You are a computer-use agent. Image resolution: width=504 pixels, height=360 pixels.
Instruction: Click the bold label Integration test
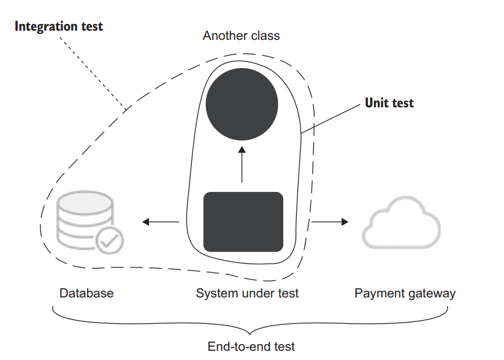[59, 26]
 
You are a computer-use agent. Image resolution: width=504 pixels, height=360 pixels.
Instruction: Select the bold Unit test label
[389, 103]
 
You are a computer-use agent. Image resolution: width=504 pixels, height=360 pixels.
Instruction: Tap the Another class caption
[241, 36]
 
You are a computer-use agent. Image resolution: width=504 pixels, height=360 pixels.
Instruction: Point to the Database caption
[86, 293]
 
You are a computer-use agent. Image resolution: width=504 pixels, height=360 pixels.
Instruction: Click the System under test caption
[247, 293]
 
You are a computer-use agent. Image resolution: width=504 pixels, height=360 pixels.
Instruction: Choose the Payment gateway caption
[405, 293]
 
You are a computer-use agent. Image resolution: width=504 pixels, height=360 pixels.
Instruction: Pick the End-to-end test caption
[251, 347]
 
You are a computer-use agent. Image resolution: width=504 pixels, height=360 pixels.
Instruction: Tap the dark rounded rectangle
[243, 221]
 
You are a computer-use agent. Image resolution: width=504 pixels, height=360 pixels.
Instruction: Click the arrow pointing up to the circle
[242, 164]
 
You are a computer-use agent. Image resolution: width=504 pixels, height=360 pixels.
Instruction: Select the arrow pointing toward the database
[160, 221]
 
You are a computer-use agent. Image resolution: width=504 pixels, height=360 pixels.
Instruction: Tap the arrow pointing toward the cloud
[332, 221]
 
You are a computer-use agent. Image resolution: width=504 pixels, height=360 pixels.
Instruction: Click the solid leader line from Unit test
[331, 118]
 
